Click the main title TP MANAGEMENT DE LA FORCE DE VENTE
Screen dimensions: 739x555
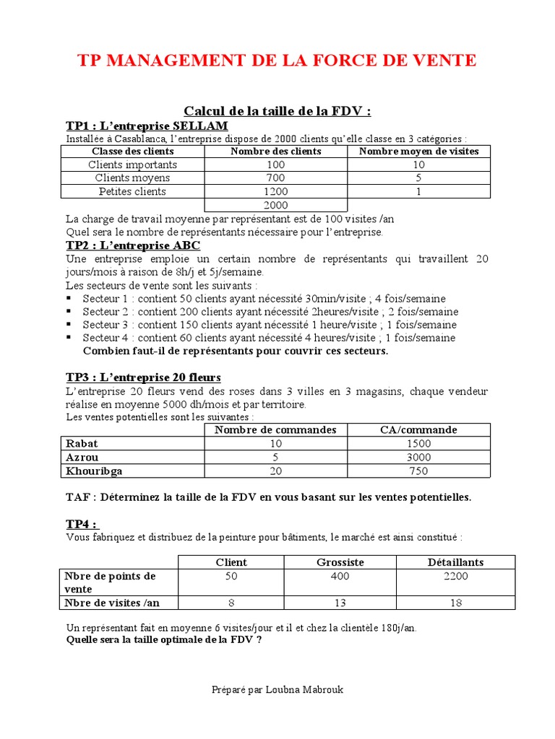277,61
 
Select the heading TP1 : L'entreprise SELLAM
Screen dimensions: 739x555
147,126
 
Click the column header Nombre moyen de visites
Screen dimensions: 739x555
418,152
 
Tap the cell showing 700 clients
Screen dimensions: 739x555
276,178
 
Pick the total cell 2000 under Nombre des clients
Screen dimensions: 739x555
276,205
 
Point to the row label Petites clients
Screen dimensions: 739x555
132,192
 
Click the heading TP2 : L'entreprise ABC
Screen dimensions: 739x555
134,245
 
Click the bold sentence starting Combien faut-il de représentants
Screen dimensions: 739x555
236,351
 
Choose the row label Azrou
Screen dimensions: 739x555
82,458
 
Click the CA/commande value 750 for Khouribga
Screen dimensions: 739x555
418,471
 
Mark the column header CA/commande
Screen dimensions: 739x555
418,430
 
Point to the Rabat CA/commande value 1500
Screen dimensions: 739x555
418,444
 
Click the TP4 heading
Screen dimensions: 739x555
82,524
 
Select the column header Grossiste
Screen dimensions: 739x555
340,562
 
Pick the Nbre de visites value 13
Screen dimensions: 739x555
340,603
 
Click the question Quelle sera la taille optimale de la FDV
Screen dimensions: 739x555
164,639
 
